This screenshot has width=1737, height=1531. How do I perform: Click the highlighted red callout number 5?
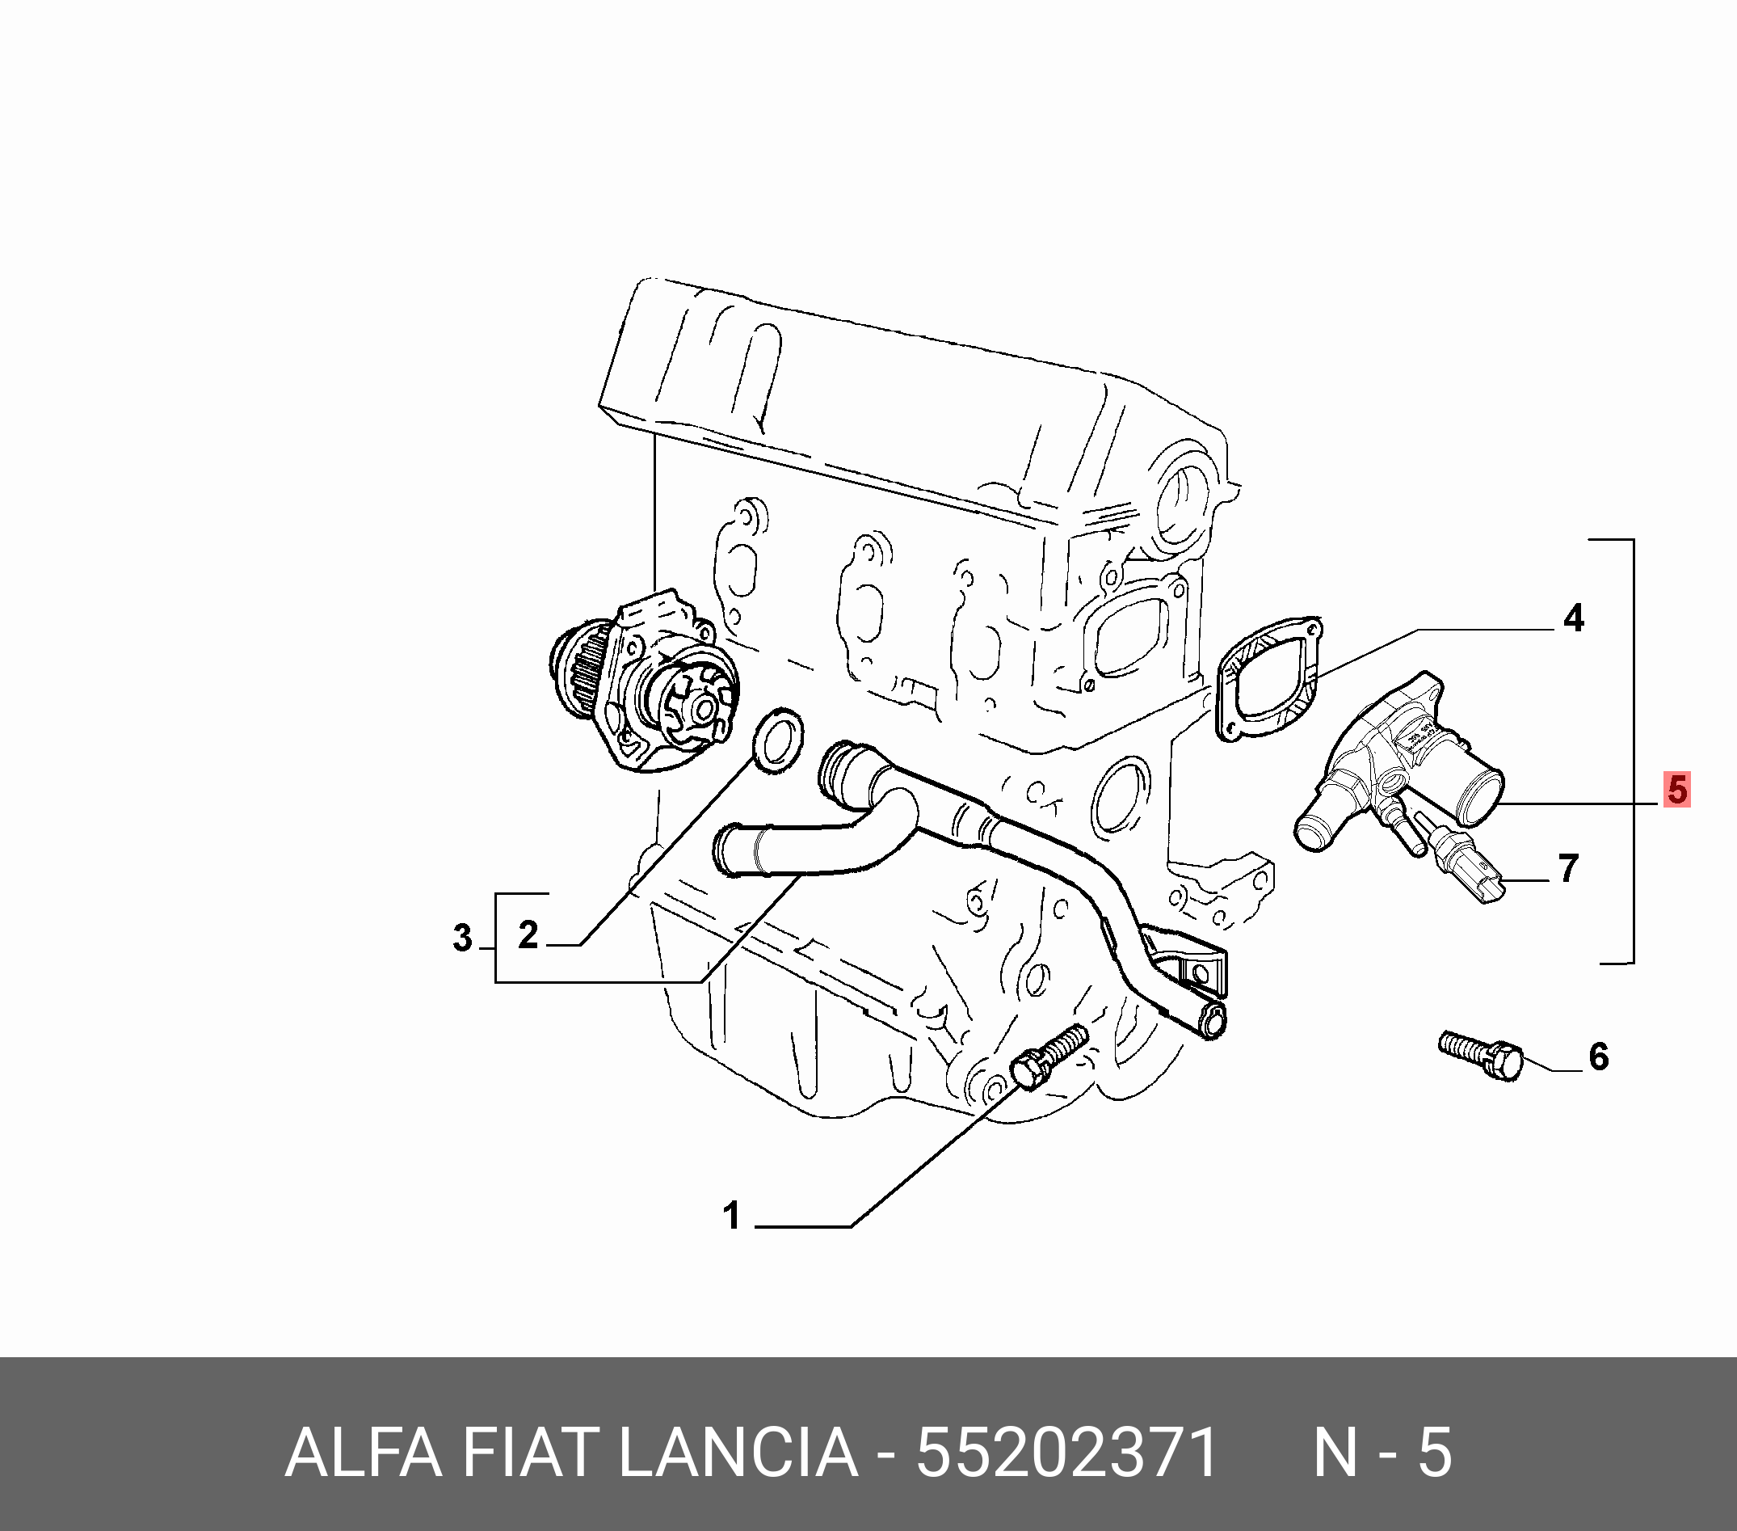1676,790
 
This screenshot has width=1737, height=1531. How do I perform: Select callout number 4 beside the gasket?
1574,619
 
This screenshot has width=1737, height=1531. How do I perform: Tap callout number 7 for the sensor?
1569,869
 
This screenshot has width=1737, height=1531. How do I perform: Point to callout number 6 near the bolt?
1600,1057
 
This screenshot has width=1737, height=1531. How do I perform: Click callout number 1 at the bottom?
732,1217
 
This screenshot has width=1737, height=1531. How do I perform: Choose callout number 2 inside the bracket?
528,935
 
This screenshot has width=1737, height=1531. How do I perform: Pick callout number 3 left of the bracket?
462,938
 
